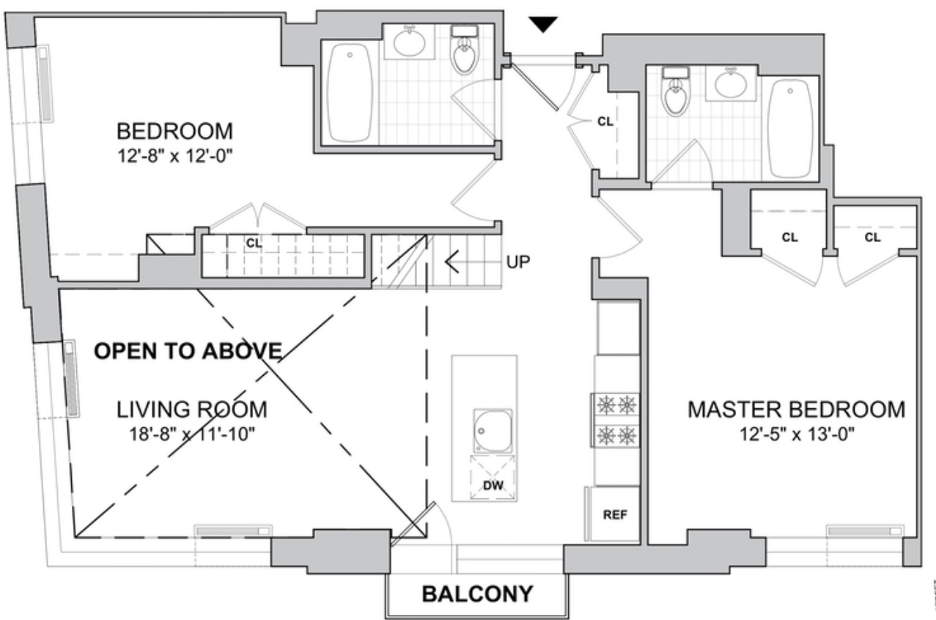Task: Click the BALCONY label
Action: click(477, 593)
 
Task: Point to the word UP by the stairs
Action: click(518, 261)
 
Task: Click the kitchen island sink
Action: click(492, 431)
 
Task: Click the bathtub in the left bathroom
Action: click(350, 92)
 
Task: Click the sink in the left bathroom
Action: click(410, 42)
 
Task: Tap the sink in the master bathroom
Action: click(729, 84)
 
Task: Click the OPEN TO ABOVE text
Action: click(189, 351)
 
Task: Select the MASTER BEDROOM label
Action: click(796, 410)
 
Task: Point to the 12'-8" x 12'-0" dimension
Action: click(175, 155)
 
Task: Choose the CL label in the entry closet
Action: click(605, 122)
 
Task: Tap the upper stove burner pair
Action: click(616, 405)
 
